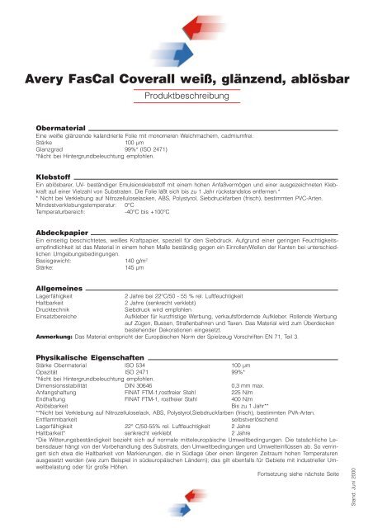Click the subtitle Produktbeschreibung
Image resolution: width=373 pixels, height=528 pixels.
tap(186, 97)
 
